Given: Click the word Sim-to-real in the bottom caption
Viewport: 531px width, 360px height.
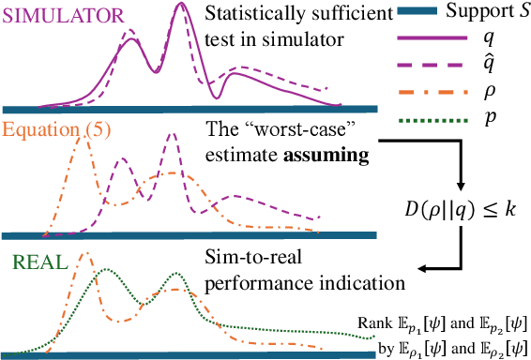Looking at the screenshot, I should [247, 259].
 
